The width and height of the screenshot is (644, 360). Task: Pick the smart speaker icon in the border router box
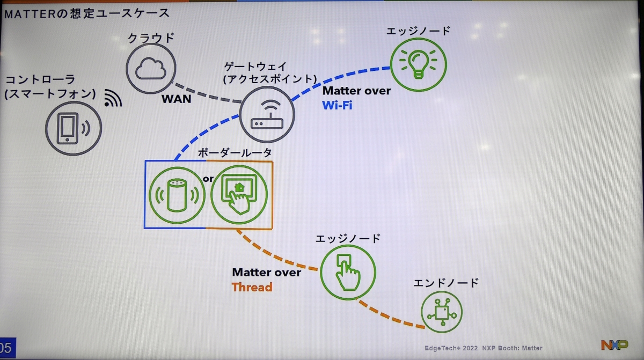[x=176, y=195]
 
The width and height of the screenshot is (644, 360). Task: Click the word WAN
[x=177, y=99]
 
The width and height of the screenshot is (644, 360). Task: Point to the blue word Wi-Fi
[x=337, y=105]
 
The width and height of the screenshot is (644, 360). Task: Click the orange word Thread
[x=252, y=287]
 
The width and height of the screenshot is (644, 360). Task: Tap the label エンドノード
[x=446, y=283]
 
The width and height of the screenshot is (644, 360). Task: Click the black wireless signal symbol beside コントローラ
[x=113, y=98]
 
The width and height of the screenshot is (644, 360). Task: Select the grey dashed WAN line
[x=207, y=94]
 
